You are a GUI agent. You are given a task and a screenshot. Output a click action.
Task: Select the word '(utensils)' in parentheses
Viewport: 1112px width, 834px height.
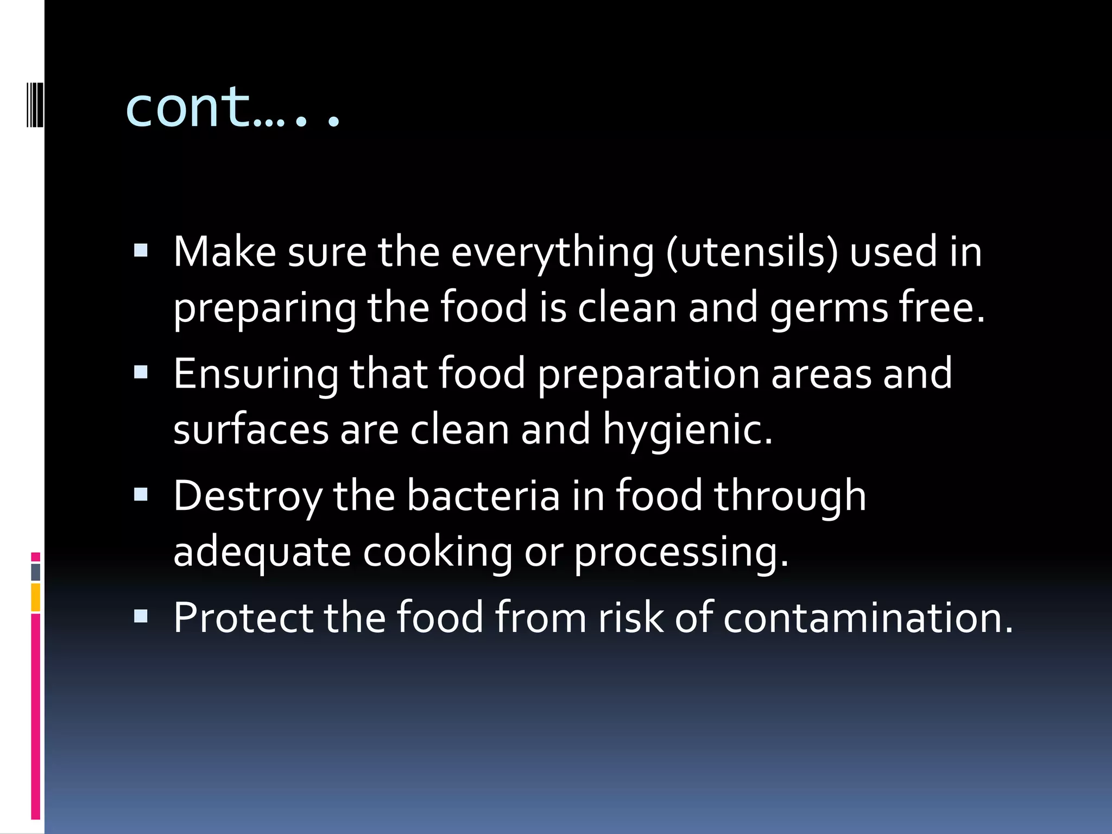tap(752, 253)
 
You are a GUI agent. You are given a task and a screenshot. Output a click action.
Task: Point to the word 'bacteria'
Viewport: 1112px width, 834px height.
tap(483, 496)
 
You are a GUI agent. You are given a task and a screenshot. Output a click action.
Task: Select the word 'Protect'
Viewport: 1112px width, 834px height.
tap(243, 618)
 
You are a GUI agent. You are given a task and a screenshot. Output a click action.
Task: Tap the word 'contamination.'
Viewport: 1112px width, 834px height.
tap(868, 618)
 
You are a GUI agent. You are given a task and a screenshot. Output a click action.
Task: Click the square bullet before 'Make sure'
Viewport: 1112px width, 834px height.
tap(141, 250)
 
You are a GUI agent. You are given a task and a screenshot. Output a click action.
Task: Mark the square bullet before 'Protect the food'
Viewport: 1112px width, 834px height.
tap(141, 616)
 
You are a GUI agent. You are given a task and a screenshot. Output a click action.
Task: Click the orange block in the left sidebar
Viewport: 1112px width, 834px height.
tap(35, 597)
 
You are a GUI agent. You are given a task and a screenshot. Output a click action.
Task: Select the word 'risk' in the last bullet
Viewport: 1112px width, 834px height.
tap(630, 618)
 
